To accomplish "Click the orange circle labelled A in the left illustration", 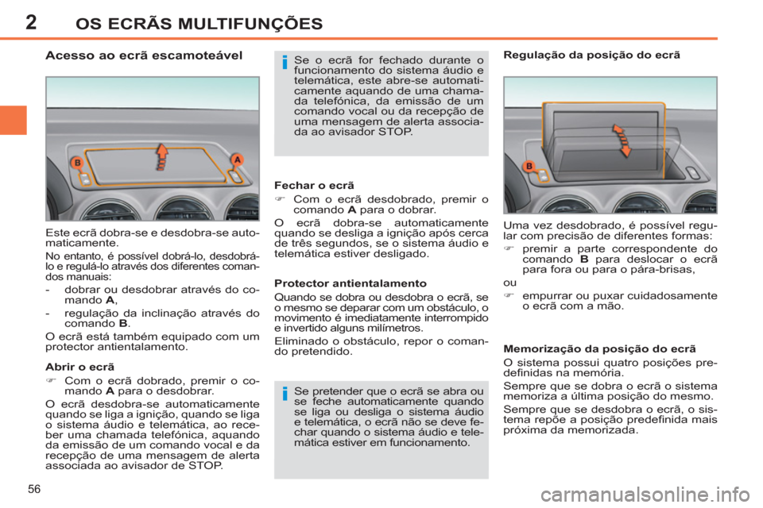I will (236, 160).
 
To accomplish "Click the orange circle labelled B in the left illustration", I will (77, 163).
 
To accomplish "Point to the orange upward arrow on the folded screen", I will (162, 153).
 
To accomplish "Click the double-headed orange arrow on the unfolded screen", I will (621, 140).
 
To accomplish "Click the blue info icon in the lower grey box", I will (283, 394).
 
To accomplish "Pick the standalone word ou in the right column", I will (509, 280).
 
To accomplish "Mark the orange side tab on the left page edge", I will (14, 119).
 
